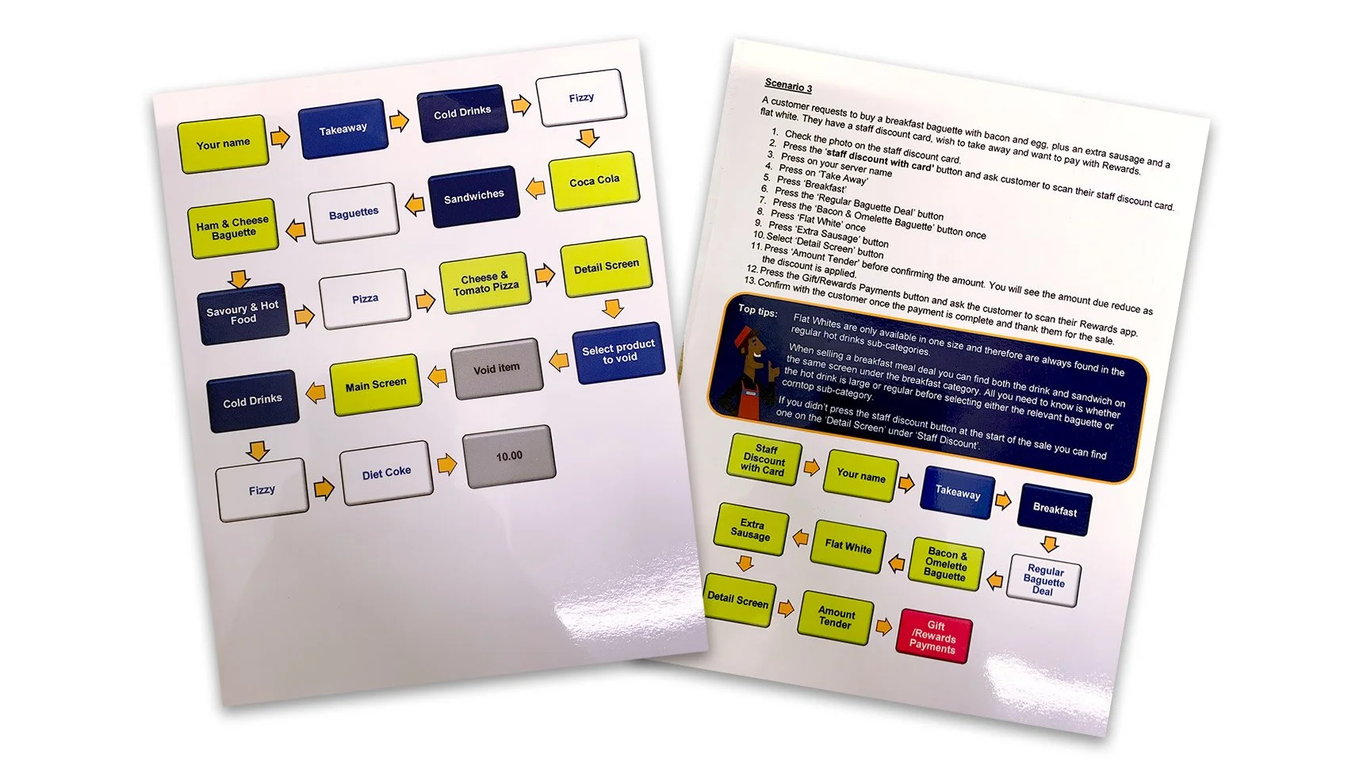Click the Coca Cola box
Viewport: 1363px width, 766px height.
pos(594,181)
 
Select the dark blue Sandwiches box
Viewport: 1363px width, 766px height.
pos(473,196)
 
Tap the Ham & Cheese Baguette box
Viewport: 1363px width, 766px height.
pos(232,228)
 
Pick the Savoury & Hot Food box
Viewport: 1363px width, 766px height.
pos(243,312)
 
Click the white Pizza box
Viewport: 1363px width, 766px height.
pos(365,299)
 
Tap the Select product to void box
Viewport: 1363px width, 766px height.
pos(618,352)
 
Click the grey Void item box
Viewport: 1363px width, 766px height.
pos(496,369)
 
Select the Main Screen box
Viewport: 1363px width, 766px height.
pos(375,385)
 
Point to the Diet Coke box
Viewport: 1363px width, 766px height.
pos(386,473)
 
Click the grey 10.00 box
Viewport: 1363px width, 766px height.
pos(508,456)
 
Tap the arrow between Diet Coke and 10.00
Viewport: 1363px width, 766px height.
pos(447,465)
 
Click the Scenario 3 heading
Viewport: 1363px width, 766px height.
pos(788,85)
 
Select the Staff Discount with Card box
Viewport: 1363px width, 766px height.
pos(764,460)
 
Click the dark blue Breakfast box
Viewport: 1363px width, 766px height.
pos(1054,510)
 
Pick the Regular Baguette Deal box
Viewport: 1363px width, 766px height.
pos(1043,580)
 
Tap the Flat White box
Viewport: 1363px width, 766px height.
pos(848,546)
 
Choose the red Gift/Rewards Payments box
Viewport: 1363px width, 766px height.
pos(934,636)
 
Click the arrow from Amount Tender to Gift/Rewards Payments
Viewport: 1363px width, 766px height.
pos(884,627)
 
